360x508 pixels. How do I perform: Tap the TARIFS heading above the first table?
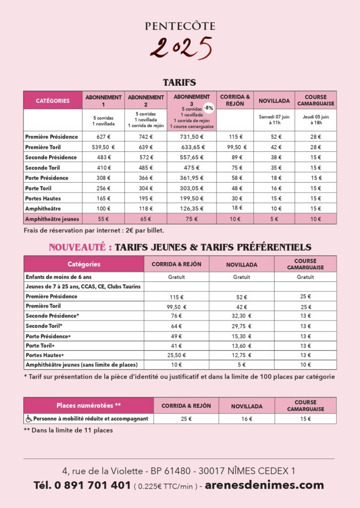pos(180,83)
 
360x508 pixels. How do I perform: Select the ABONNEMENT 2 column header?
pos(146,100)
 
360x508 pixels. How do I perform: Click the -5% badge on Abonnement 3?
pos(208,108)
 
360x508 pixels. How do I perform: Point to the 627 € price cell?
pos(103,136)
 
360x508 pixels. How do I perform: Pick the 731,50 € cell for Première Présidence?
pos(192,136)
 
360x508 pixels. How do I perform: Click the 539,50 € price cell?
pos(103,147)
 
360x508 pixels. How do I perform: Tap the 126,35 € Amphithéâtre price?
pos(192,208)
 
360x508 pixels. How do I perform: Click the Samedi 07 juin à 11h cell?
pos(274,120)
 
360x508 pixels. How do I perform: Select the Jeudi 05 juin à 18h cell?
pos(316,120)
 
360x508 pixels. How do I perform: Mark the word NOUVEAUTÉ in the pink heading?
pos(79,247)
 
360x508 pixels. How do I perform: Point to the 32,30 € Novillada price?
pos(242,316)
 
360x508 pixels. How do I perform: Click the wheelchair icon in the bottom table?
pos(29,419)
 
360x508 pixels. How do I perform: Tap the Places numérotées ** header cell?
pos(88,405)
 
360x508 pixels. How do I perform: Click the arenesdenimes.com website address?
pos(264,485)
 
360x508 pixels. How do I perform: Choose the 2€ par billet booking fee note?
pos(143,230)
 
